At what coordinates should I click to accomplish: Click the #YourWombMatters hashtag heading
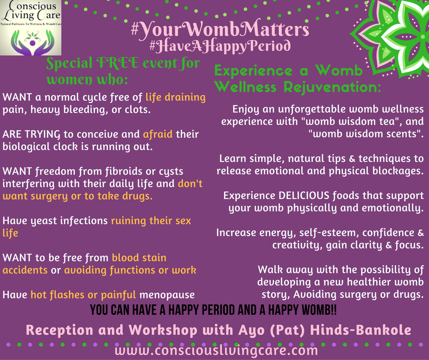click(x=220, y=29)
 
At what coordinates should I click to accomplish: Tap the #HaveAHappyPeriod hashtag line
click(x=220, y=46)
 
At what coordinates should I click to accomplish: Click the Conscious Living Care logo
click(x=31, y=27)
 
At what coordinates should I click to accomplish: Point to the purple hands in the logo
click(x=32, y=43)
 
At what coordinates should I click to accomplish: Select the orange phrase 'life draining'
click(x=175, y=97)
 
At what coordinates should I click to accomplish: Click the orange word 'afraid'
click(x=158, y=134)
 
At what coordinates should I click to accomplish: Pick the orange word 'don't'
click(x=190, y=183)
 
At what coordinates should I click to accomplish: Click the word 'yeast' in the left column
click(x=43, y=221)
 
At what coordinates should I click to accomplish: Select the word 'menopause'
click(x=167, y=295)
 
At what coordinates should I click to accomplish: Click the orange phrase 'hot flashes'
click(x=57, y=295)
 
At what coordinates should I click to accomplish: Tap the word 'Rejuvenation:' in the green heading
click(x=332, y=87)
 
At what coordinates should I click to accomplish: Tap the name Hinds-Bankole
click(x=361, y=330)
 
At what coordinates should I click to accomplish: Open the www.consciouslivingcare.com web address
click(x=216, y=350)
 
